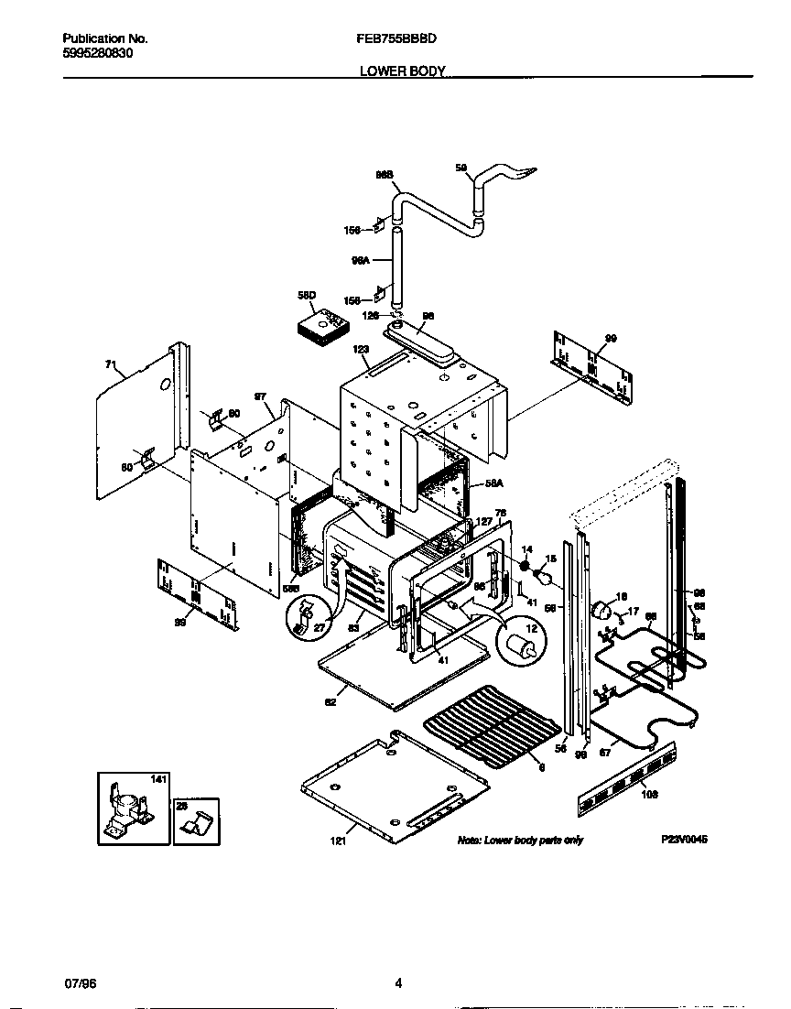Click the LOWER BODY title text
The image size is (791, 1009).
(402, 70)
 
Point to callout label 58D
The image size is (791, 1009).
(306, 295)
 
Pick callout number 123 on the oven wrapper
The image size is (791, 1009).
(361, 349)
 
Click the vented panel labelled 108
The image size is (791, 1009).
(626, 777)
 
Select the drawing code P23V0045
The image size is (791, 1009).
(685, 840)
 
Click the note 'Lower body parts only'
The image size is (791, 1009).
(520, 840)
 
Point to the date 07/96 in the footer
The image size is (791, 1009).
(81, 983)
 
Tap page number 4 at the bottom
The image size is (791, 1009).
(398, 984)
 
